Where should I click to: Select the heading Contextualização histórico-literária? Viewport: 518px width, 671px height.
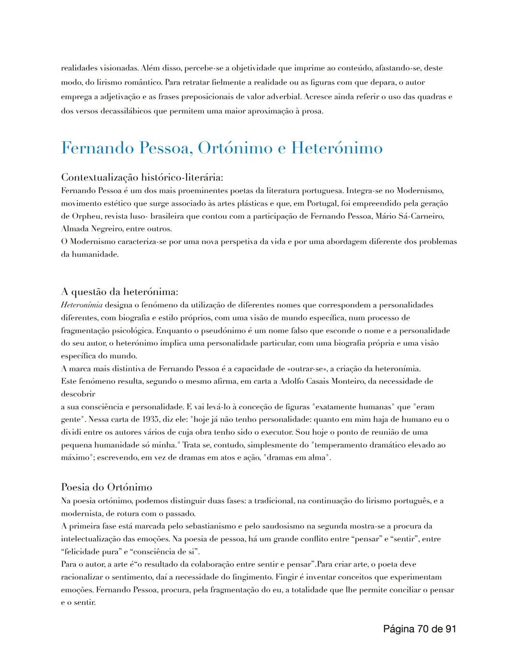tap(142, 178)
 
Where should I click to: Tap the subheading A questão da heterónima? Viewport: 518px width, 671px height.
tap(120, 292)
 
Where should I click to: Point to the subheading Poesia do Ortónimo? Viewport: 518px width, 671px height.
tap(106, 487)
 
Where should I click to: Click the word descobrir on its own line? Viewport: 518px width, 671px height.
tap(78, 394)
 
